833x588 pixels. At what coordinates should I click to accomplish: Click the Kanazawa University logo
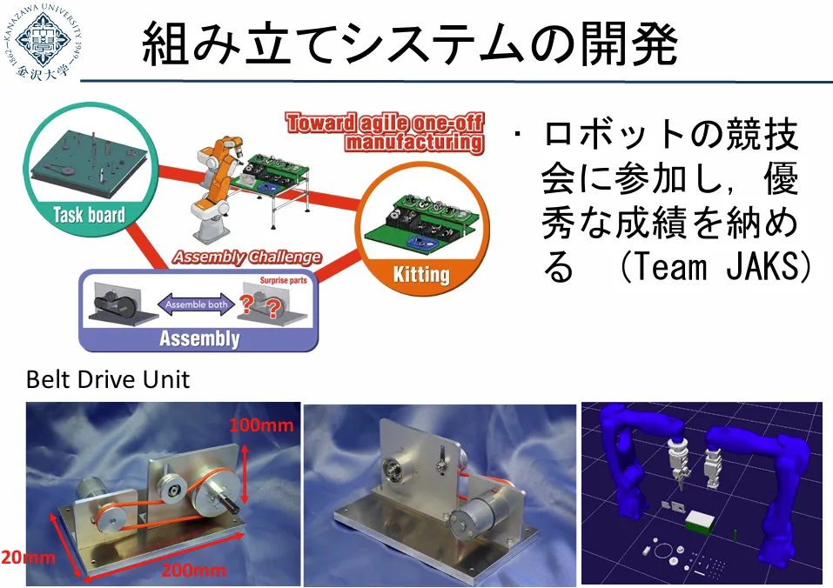pyautogui.click(x=44, y=42)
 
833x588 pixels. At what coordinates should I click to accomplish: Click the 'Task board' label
pyautogui.click(x=90, y=215)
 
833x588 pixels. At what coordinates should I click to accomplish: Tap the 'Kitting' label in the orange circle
pyautogui.click(x=421, y=274)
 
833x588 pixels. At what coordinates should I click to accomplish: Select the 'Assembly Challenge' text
pyautogui.click(x=247, y=257)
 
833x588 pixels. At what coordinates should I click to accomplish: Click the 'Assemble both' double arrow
pyautogui.click(x=196, y=304)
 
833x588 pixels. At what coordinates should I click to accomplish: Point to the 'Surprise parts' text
pyautogui.click(x=283, y=280)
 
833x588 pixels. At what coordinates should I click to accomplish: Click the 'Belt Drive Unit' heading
pyautogui.click(x=108, y=379)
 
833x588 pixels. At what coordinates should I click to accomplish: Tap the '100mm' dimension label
pyautogui.click(x=261, y=424)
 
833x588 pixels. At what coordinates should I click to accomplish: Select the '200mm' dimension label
pyautogui.click(x=194, y=571)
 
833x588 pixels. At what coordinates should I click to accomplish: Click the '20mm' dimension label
pyautogui.click(x=28, y=558)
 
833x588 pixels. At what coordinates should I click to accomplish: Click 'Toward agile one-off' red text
pyautogui.click(x=385, y=123)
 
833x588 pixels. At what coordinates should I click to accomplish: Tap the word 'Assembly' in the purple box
pyautogui.click(x=199, y=338)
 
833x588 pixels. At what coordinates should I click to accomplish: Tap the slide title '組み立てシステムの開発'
pyautogui.click(x=410, y=43)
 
